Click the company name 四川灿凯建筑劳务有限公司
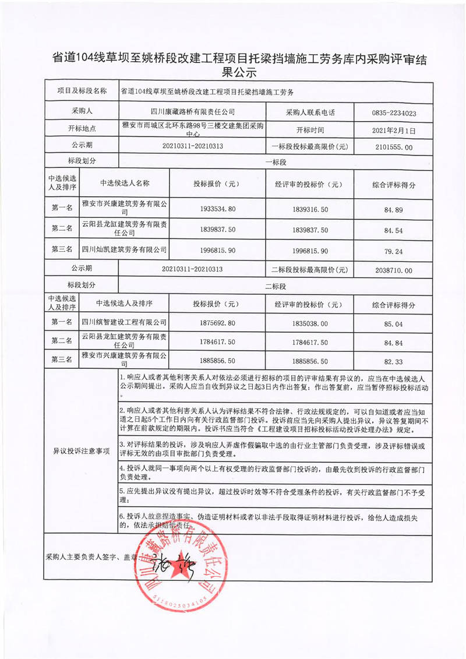point(123,249)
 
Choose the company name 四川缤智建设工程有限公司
point(123,322)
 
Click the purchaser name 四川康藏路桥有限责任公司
point(192,111)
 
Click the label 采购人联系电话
point(310,111)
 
